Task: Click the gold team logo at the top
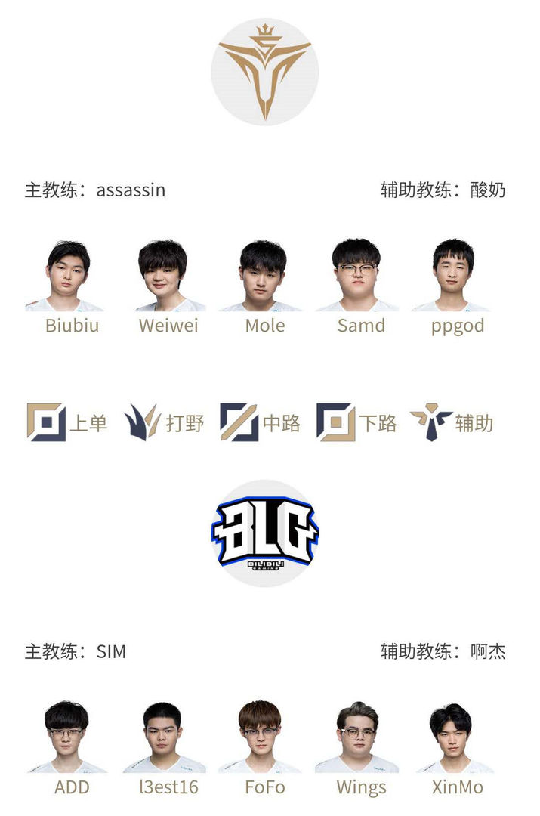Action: pyautogui.click(x=265, y=72)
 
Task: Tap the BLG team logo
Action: pyautogui.click(x=265, y=533)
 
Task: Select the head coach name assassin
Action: pyautogui.click(x=131, y=190)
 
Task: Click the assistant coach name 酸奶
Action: pyautogui.click(x=488, y=190)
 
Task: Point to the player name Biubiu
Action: pyautogui.click(x=72, y=326)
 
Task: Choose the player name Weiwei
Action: pyautogui.click(x=168, y=326)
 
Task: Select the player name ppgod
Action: pyautogui.click(x=458, y=326)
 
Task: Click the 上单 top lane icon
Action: pyautogui.click(x=46, y=422)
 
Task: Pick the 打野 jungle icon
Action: pyautogui.click(x=142, y=422)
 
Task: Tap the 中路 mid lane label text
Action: pyautogui.click(x=282, y=423)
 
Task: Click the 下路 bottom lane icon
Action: pyautogui.click(x=335, y=422)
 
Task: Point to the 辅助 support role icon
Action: pyautogui.click(x=431, y=422)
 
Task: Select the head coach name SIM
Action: pyautogui.click(x=111, y=651)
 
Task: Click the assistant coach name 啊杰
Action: pyautogui.click(x=488, y=651)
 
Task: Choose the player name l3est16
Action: pyautogui.click(x=168, y=787)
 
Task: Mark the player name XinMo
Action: pyautogui.click(x=458, y=787)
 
